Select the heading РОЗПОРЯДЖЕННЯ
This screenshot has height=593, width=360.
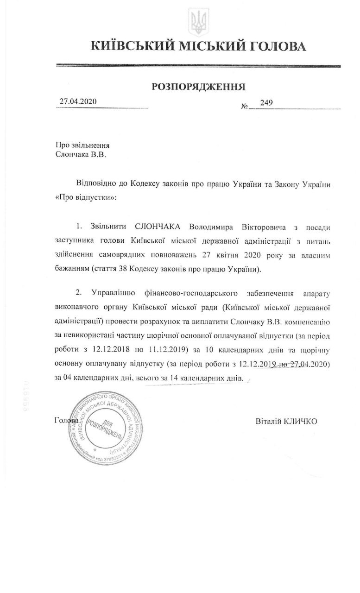click(x=199, y=86)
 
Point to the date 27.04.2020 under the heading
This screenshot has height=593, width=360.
click(x=78, y=102)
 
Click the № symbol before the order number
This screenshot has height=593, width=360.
click(x=244, y=106)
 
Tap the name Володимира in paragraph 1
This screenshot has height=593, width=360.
click(x=210, y=227)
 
